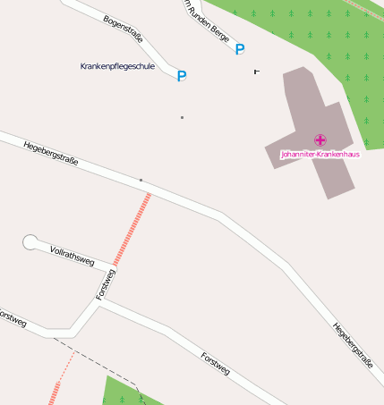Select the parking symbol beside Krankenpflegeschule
[x=182, y=76]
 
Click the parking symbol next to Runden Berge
[x=239, y=49]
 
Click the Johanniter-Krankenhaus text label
[x=320, y=154]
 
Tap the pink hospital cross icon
[x=320, y=139]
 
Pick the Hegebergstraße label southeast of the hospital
[x=353, y=345]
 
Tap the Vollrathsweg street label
[x=73, y=255]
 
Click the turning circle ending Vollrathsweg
[x=30, y=241]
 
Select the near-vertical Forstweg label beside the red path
[x=105, y=283]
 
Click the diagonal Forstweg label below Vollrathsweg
[x=216, y=363]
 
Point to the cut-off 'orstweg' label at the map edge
[x=13, y=318]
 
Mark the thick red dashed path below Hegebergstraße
[x=131, y=232]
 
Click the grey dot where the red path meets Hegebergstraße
[x=141, y=180]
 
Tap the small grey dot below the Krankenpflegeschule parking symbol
[x=182, y=117]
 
